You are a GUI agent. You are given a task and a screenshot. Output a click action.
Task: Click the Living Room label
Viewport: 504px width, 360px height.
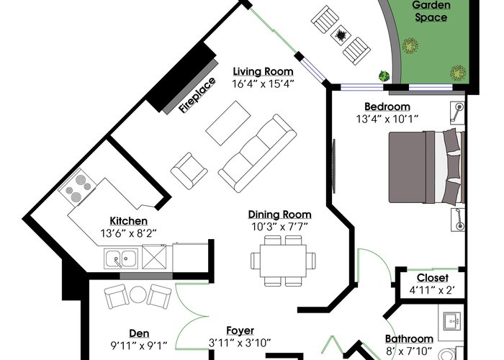click(263, 72)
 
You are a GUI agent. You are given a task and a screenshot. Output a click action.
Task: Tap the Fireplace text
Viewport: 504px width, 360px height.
click(197, 95)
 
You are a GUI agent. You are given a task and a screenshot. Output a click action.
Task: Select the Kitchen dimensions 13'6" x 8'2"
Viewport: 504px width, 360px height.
click(129, 233)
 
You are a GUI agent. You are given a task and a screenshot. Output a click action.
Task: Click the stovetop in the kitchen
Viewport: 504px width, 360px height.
click(78, 187)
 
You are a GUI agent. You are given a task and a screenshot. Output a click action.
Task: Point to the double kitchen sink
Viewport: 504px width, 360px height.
click(121, 258)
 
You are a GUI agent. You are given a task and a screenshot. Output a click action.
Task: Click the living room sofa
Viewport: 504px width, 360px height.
click(257, 153)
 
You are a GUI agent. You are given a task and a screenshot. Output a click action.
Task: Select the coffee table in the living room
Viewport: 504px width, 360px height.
click(228, 123)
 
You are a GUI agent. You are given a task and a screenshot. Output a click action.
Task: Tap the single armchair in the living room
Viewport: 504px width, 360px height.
click(189, 171)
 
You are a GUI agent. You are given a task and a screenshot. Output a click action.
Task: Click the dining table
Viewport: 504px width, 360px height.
click(283, 261)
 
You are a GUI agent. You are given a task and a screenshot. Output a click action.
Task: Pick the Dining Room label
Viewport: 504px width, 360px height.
click(279, 215)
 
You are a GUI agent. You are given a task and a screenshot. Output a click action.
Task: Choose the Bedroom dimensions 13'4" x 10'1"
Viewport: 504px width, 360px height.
click(387, 120)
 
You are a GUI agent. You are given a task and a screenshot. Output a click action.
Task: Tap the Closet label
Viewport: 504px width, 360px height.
click(432, 278)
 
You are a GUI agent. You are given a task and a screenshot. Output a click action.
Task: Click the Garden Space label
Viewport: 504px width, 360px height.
click(431, 12)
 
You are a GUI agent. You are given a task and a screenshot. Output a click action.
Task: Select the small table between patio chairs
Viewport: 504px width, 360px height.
click(340, 34)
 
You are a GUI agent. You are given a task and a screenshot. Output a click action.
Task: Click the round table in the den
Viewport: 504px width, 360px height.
click(138, 294)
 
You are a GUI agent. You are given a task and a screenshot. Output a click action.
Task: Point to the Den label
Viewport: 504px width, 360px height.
click(139, 333)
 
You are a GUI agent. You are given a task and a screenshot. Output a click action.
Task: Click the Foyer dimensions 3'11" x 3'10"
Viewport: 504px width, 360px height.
click(240, 343)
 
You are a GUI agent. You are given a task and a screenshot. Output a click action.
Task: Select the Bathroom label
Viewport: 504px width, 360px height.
click(409, 339)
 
